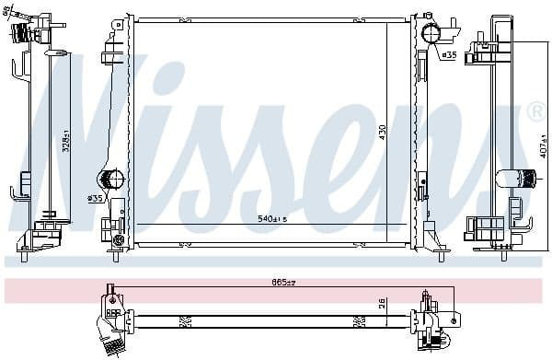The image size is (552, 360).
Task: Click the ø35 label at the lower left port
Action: pos(95,198)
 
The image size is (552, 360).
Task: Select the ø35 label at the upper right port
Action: pos(449,55)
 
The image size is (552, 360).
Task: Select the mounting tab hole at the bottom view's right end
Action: pos(454,319)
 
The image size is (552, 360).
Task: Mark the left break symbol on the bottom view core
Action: pos(184,320)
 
